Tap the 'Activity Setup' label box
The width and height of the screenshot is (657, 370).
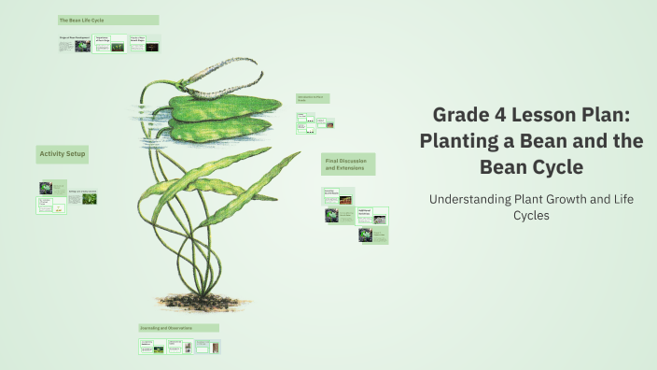[63, 153]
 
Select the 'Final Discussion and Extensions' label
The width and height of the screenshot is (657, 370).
[348, 164]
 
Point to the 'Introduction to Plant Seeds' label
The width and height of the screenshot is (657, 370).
[313, 98]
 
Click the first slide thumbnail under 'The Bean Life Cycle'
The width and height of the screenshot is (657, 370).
[74, 43]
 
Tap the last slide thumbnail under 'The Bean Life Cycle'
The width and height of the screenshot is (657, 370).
[144, 43]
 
